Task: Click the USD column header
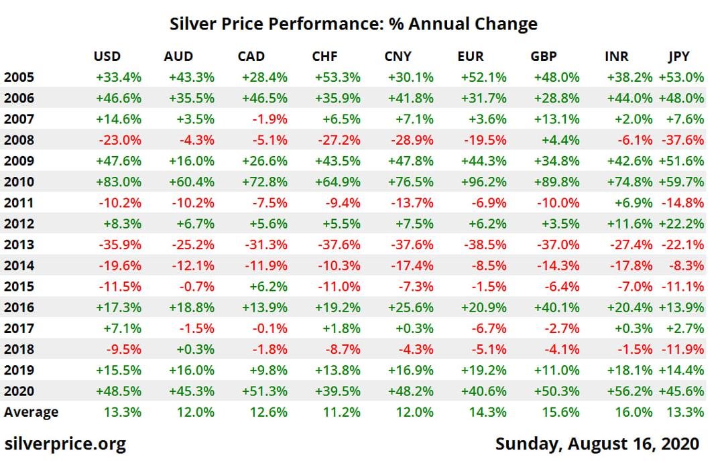(x=107, y=56)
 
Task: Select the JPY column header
(x=678, y=56)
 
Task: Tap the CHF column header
(x=324, y=56)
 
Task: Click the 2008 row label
(x=19, y=140)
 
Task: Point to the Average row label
(x=31, y=412)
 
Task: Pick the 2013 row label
(x=19, y=245)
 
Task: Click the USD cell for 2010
(x=119, y=182)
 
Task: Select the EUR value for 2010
(x=483, y=182)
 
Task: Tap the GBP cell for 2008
(x=560, y=140)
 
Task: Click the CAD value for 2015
(x=268, y=287)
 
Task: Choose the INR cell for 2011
(x=633, y=202)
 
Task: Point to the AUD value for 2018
(x=195, y=350)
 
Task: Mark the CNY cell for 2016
(x=410, y=308)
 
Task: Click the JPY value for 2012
(x=681, y=224)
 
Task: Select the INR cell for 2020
(x=629, y=391)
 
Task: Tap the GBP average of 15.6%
(x=560, y=412)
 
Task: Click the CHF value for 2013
(x=339, y=245)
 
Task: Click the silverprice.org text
(x=65, y=444)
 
